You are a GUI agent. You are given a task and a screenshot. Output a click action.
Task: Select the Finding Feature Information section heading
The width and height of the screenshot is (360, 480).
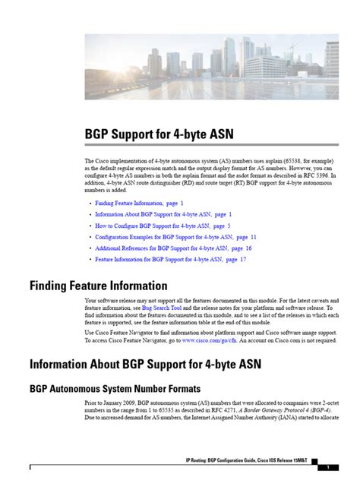(98, 286)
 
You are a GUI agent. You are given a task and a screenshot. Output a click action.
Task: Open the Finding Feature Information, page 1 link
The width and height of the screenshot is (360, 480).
(138, 204)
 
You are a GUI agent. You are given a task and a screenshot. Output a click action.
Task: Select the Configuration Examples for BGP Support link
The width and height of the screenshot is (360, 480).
(175, 237)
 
